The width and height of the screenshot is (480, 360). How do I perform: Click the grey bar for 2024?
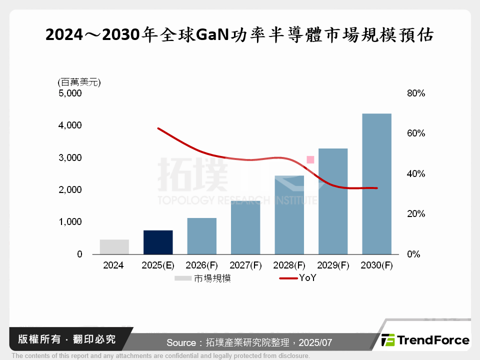tap(114, 247)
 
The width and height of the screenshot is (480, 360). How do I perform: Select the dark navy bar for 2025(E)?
tap(158, 242)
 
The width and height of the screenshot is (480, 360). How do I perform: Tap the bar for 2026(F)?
tap(201, 236)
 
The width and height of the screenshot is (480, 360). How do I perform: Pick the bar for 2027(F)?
tap(245, 228)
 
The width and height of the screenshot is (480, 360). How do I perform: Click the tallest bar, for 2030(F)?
tap(376, 184)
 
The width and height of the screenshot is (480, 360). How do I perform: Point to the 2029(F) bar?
tap(333, 201)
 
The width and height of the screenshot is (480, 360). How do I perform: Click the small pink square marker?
tap(310, 159)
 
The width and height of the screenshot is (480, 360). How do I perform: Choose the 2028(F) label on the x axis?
tap(289, 265)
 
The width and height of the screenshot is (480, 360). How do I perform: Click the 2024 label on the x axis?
tap(113, 265)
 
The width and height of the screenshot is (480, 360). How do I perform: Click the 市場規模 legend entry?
tap(203, 278)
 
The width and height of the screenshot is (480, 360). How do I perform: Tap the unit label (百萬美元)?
tap(79, 82)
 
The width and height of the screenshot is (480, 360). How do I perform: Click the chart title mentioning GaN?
tap(239, 35)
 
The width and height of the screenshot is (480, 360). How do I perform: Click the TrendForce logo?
tap(425, 340)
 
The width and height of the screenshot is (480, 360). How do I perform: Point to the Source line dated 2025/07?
tap(249, 343)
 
